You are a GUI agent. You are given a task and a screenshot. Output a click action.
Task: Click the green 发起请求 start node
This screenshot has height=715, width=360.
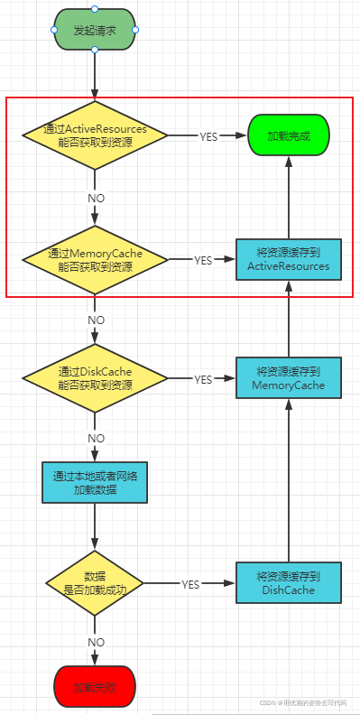pos(95,30)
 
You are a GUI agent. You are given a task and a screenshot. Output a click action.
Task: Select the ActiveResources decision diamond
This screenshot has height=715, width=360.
pos(95,136)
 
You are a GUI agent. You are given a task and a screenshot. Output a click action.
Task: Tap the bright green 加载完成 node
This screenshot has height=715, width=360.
pos(288,136)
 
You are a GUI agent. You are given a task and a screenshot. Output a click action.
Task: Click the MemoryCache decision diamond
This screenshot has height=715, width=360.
pos(95,260)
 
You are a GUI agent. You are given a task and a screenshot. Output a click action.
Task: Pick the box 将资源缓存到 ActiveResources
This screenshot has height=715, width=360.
pos(288,260)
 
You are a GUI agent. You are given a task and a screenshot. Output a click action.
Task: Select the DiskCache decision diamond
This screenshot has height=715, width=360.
pos(95,378)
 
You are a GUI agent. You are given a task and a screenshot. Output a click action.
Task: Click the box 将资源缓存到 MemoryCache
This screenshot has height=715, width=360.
pos(288,378)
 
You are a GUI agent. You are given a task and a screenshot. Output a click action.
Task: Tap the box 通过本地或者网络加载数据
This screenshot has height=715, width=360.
pos(95,482)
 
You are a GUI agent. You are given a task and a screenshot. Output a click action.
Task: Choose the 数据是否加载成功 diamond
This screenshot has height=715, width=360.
pos(95,583)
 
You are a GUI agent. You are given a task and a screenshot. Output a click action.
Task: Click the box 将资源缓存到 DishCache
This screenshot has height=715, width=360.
pos(288,583)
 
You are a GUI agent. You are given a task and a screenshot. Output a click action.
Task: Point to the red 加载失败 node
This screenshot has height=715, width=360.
pos(95,686)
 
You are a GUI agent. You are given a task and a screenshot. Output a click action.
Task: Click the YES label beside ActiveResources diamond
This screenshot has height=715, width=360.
pos(208,137)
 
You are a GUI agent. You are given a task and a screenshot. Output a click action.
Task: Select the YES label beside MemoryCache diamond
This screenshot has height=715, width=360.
pos(203,261)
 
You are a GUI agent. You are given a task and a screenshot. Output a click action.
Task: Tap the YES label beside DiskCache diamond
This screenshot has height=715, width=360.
pos(203,379)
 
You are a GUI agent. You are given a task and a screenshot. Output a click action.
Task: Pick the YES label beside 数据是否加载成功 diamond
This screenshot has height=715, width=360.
pos(190,584)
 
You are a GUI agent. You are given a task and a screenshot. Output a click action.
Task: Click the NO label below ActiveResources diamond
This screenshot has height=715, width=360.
pos(96,198)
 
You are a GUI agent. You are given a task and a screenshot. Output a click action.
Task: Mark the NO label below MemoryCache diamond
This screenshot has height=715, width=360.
pos(96,320)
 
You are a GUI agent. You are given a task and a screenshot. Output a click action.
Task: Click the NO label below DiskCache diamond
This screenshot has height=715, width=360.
pos(96,438)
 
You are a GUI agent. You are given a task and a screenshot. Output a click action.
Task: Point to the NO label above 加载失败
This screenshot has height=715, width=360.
pos(96,642)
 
